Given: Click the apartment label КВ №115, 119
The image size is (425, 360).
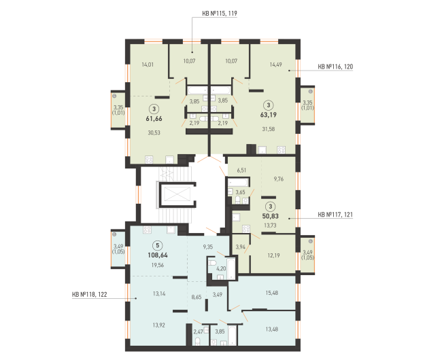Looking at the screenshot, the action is coord(220,14).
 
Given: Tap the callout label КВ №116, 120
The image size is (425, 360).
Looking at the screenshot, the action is coord(335,67).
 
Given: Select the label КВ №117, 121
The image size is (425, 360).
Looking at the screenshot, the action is coord(335,215).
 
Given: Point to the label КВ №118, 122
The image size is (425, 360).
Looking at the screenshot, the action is coord(90,295).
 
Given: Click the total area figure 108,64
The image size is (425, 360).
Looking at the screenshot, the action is coord(158,255).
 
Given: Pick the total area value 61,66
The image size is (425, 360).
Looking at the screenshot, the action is coord(154,119).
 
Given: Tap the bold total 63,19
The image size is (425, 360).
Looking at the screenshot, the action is coord(269,115).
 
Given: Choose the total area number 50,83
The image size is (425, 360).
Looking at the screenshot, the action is coord(271,216).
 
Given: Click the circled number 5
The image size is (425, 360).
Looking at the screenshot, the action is coord(158,245).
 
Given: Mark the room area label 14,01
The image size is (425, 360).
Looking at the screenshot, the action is coord(148,65).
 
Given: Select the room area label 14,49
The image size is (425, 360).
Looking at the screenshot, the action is coord(275,65).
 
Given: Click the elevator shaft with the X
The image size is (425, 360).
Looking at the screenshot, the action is coord(177,194).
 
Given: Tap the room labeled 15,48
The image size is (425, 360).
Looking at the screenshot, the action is coord(271,293).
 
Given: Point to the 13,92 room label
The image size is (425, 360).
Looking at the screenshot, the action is coord(159,325).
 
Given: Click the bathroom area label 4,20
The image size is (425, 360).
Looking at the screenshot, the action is coord(221,269).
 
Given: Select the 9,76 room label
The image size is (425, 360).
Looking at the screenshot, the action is coord(279,179).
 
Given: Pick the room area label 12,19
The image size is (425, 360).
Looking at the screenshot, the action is coord(273,255).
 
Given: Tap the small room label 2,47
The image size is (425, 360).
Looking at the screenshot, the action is coord(198,331).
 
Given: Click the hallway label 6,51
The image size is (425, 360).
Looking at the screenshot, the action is coord(241,170).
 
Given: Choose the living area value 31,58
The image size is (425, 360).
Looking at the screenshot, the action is coord(269,129).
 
